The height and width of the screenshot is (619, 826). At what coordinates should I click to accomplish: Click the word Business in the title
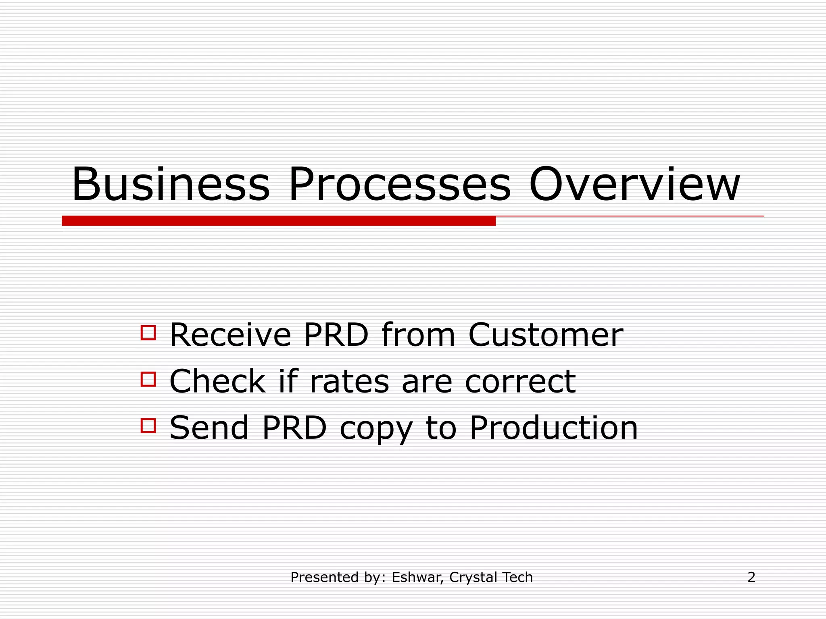[x=170, y=185]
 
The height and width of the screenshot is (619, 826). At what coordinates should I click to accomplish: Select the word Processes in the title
[x=399, y=185]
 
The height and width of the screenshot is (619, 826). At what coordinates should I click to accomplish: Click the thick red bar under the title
[x=278, y=221]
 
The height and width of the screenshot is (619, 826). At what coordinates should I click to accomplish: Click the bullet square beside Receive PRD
[x=148, y=333]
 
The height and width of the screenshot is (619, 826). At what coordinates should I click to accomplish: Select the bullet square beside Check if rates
[x=148, y=379]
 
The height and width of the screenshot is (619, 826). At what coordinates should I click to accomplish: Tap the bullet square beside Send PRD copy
[x=148, y=426]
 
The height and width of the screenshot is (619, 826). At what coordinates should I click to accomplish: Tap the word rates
[x=349, y=382]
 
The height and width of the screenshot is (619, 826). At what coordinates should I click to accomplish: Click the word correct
[x=520, y=382]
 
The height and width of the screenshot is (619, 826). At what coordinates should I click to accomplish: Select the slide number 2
[x=751, y=577]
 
